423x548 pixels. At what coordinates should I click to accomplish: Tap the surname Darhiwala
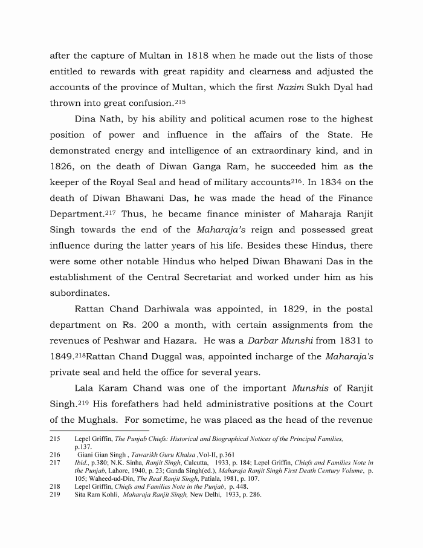[179, 308]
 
